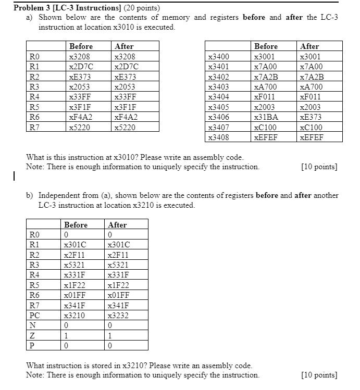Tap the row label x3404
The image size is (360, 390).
tap(218, 97)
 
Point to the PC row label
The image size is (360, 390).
tap(35, 316)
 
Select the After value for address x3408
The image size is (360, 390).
tap(311, 137)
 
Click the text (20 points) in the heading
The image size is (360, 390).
tap(139, 8)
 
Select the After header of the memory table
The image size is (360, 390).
tap(309, 46)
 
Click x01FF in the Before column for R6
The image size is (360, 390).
tap(75, 295)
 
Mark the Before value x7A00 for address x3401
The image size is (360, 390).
tap(265, 67)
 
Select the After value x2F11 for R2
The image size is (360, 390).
tap(118, 255)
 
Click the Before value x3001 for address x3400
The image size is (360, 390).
tap(264, 56)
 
